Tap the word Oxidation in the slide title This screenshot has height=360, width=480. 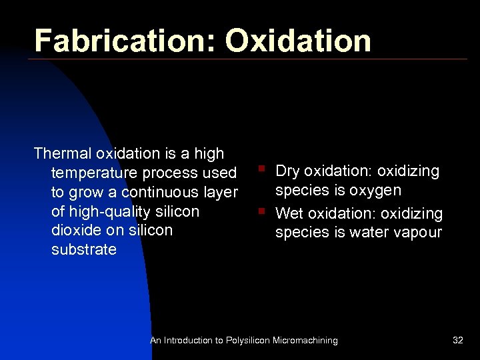tap(297, 41)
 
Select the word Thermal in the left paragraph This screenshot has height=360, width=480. tap(63, 154)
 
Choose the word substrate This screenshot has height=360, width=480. tap(84, 250)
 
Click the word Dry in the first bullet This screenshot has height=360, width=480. tap(287, 171)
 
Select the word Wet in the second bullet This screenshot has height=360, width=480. tap(289, 214)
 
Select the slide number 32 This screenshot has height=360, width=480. tap(457, 341)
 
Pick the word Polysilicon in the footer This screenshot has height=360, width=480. tap(247, 341)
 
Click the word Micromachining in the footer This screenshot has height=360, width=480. tap(305, 341)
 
